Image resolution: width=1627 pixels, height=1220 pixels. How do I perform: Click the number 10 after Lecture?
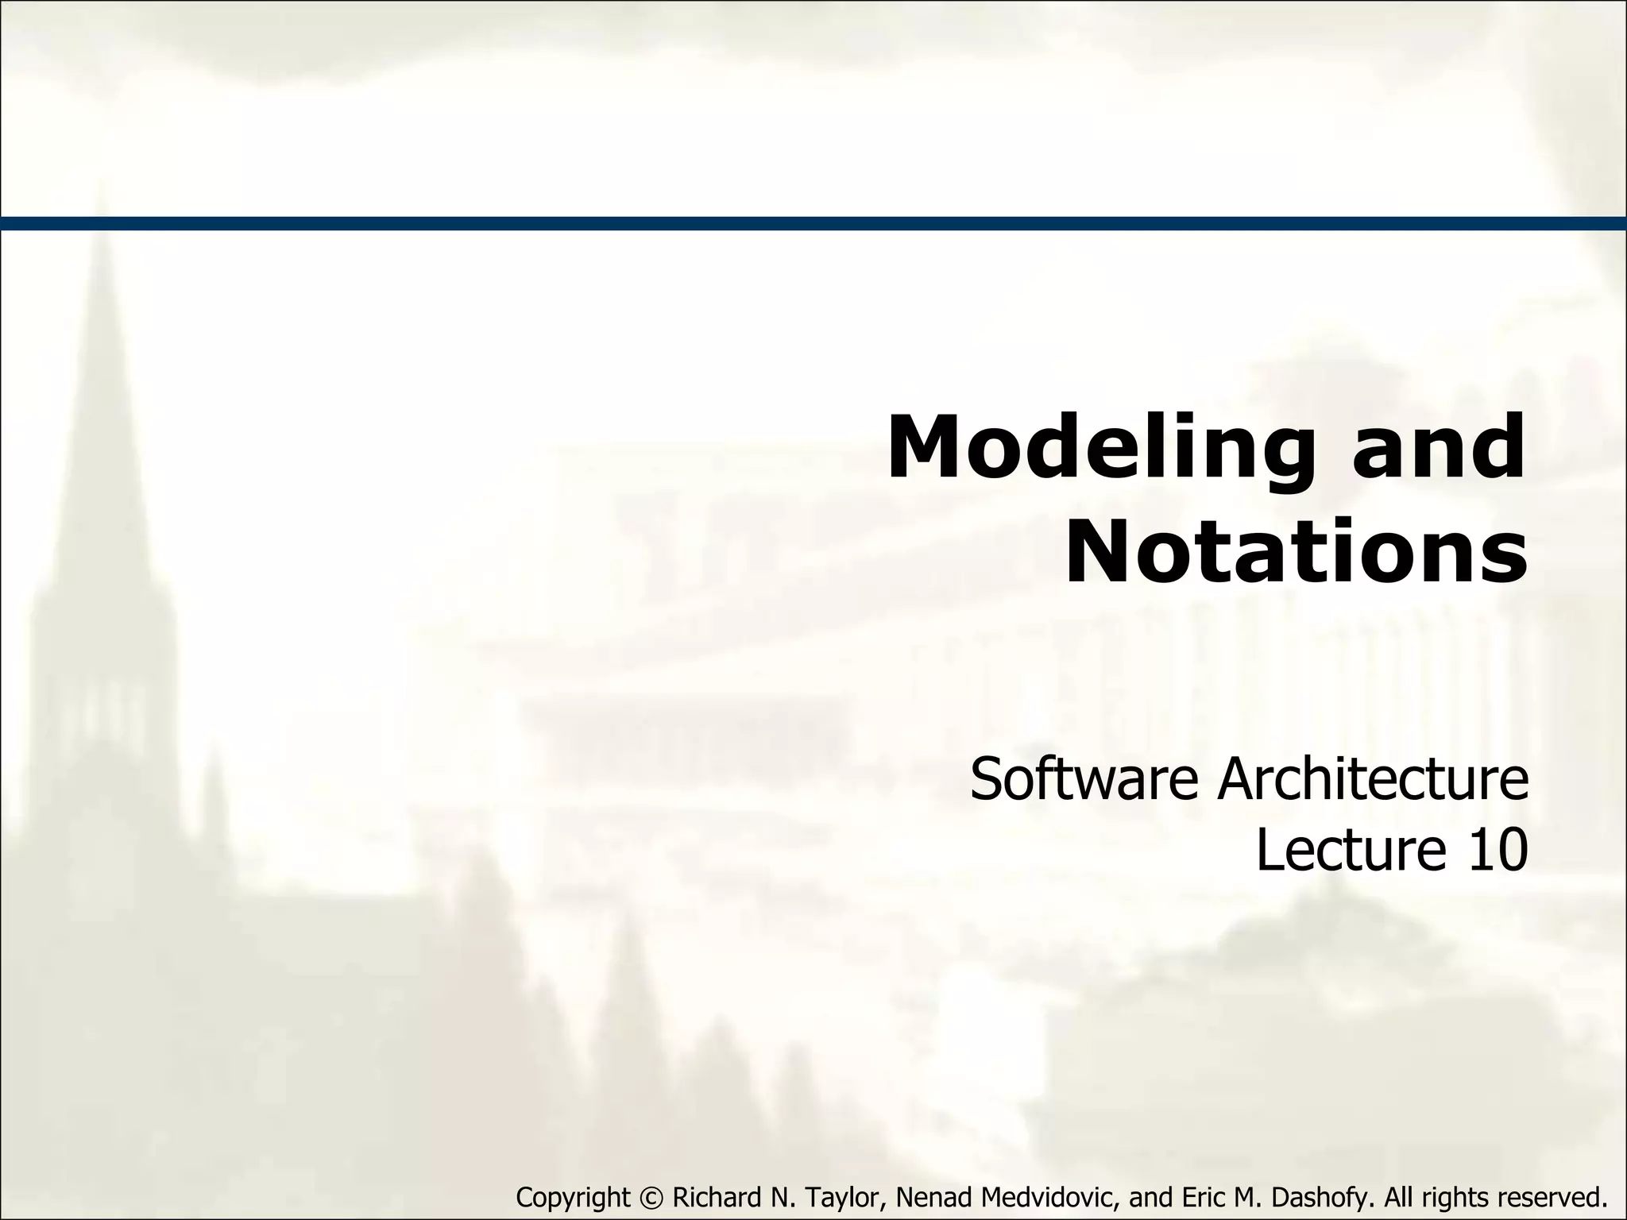click(1494, 849)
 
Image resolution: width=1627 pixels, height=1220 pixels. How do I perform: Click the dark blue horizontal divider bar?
click(813, 223)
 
